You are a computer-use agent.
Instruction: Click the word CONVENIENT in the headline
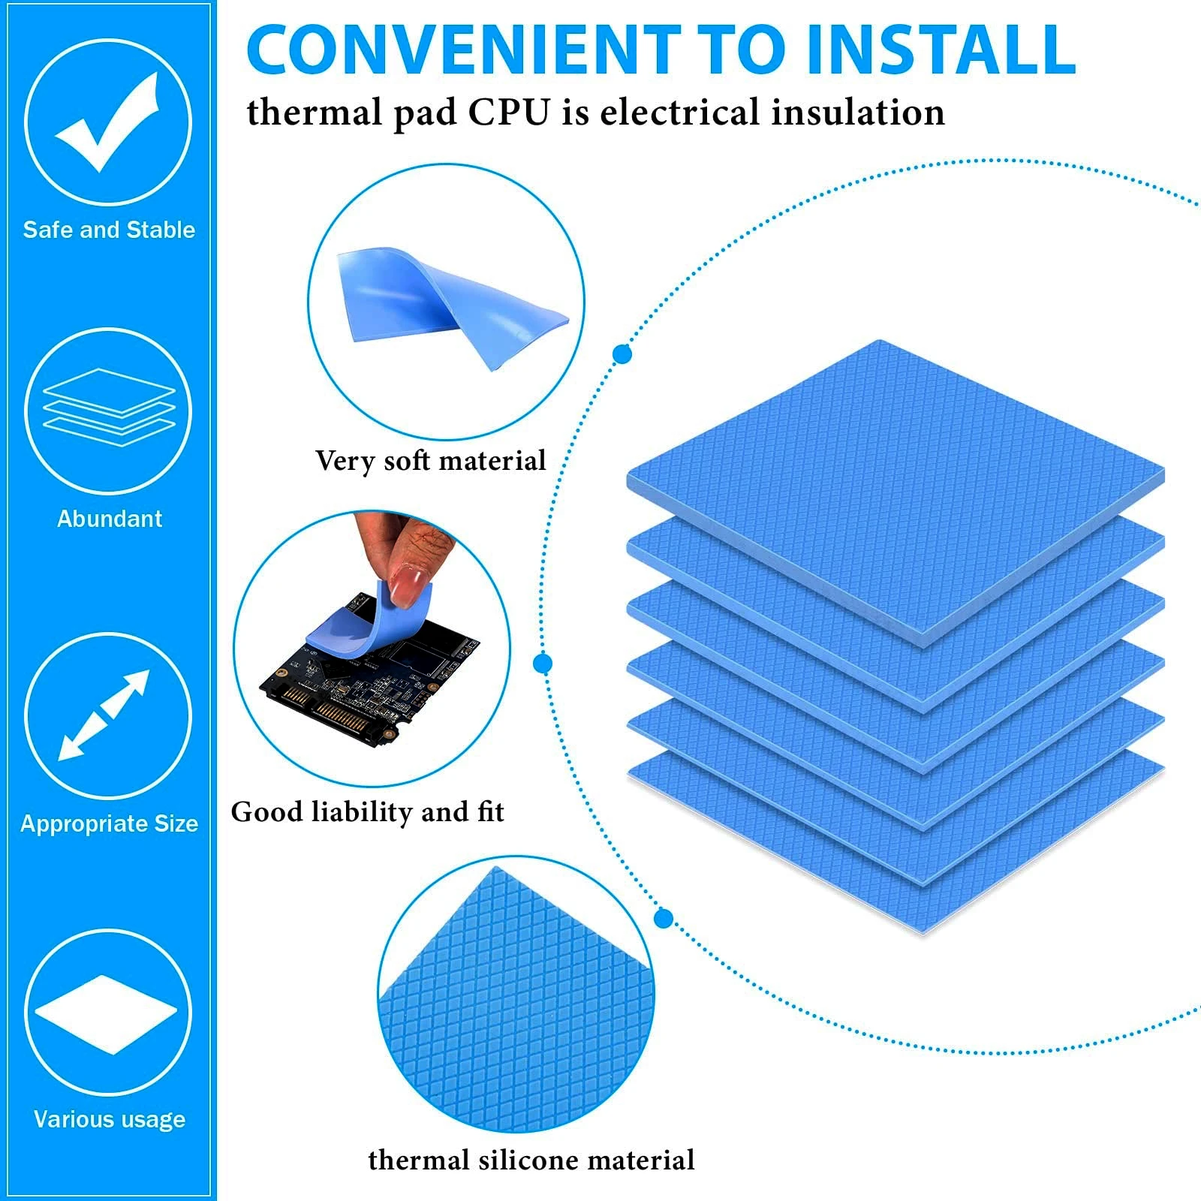463,50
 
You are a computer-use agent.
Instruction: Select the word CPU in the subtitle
510,113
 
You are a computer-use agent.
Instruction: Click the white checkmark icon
107,122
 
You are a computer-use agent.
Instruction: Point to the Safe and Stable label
109,230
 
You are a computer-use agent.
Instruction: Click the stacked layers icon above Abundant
109,408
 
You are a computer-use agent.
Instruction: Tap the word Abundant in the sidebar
110,519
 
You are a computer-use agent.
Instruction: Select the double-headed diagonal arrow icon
104,715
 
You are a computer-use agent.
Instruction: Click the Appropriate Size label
110,823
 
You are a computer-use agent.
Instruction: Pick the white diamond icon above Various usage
107,1014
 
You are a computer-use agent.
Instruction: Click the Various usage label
110,1119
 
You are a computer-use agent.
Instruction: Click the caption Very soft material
430,461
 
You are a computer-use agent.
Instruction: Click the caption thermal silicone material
531,1160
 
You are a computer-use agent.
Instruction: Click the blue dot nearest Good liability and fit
543,664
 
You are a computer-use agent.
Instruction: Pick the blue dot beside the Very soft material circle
622,354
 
